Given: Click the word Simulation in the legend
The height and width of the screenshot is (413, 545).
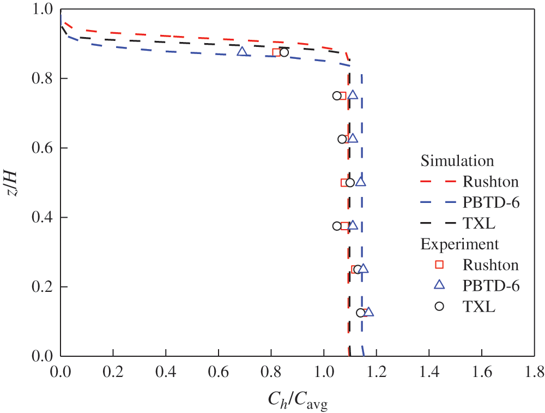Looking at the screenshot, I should coord(457,161).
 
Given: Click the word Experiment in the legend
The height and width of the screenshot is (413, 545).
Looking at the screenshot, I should coord(459,244).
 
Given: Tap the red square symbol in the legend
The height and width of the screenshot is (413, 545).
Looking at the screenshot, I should coord(439,265).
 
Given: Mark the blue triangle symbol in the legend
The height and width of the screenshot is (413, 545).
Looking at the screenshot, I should coord(439,285).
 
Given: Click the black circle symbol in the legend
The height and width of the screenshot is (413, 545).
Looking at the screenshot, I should coord(439,306).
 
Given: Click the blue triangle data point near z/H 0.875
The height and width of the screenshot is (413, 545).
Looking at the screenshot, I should coord(243,52).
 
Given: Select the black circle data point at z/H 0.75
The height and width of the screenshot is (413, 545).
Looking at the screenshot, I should coord(337,95).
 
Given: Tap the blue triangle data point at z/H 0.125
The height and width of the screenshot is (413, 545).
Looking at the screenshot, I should coord(368,312).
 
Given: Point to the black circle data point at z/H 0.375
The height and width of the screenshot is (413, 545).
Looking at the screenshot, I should coord(337,226).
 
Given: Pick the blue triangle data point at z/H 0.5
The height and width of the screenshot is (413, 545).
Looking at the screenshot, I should coord(360,182).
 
